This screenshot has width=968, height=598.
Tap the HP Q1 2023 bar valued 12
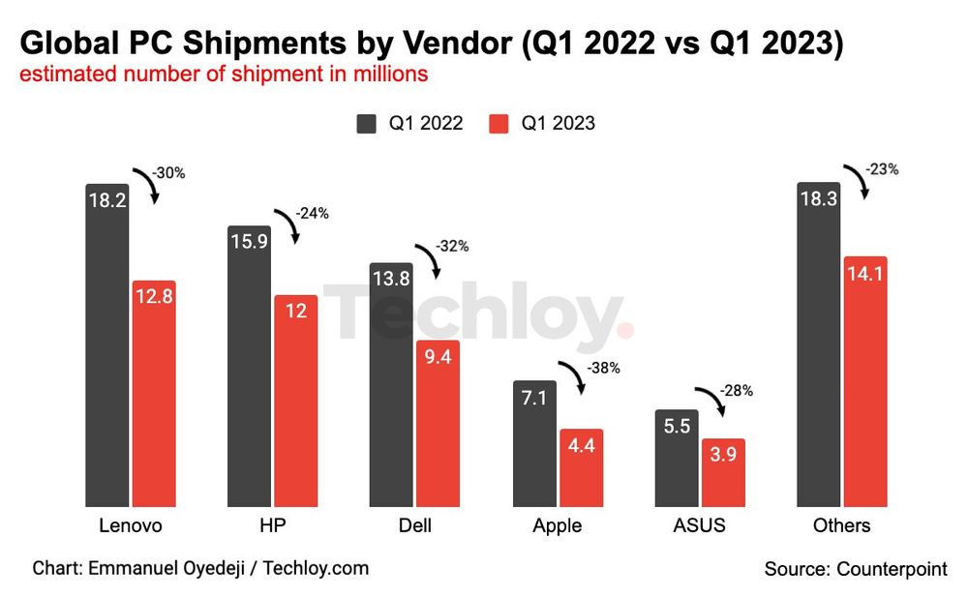tap(295, 401)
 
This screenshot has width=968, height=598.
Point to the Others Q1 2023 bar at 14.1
tap(864, 381)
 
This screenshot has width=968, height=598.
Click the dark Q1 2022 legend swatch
tap(367, 123)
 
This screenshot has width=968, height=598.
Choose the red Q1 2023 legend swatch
tap(499, 123)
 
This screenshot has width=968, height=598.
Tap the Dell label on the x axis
tap(414, 526)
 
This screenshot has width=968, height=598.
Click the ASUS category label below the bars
tap(698, 526)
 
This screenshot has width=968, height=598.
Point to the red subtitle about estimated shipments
tap(224, 75)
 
